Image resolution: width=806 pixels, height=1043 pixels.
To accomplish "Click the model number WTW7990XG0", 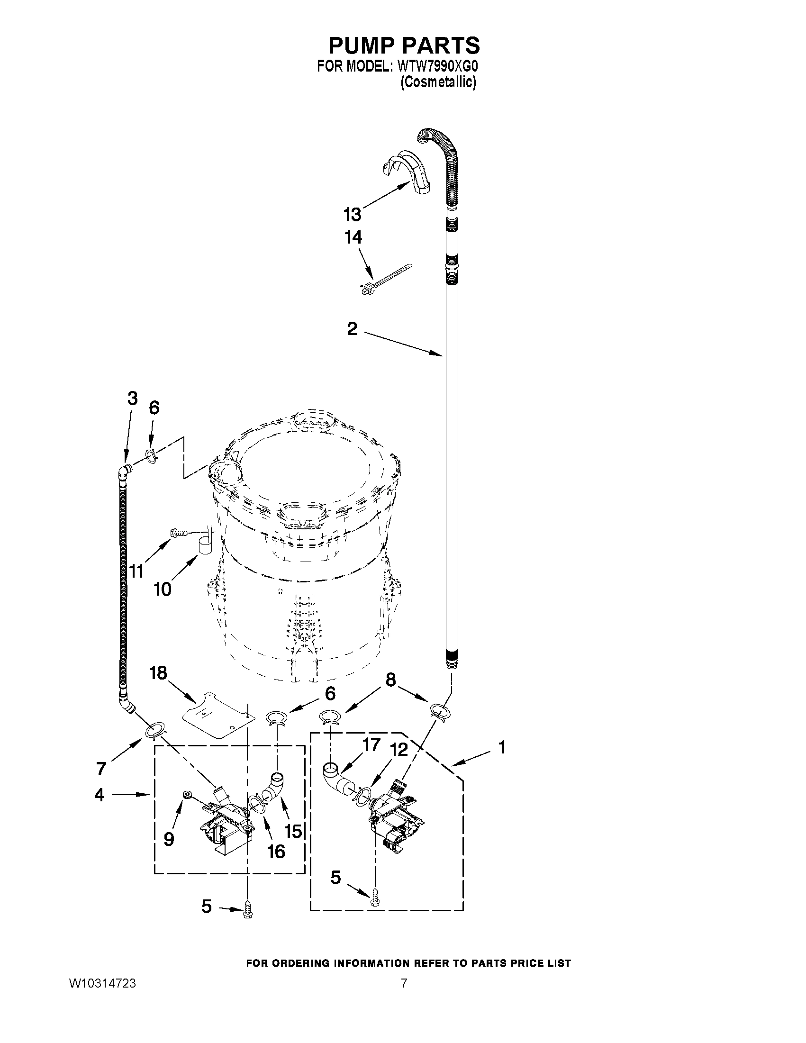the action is (x=437, y=66).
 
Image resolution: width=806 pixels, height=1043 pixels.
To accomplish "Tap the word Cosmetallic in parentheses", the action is (x=438, y=82).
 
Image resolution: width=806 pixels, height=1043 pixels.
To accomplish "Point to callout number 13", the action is (x=353, y=215).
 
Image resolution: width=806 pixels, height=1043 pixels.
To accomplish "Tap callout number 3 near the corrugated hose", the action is (x=132, y=398).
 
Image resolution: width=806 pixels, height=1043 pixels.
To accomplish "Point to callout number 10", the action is (x=163, y=590).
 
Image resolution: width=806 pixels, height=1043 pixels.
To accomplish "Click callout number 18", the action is (x=158, y=673).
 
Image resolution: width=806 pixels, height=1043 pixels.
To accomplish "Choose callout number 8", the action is (x=390, y=680).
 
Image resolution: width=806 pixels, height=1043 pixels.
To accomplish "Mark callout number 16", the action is (x=276, y=851).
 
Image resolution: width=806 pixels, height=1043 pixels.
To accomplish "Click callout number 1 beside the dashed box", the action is (x=501, y=747).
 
